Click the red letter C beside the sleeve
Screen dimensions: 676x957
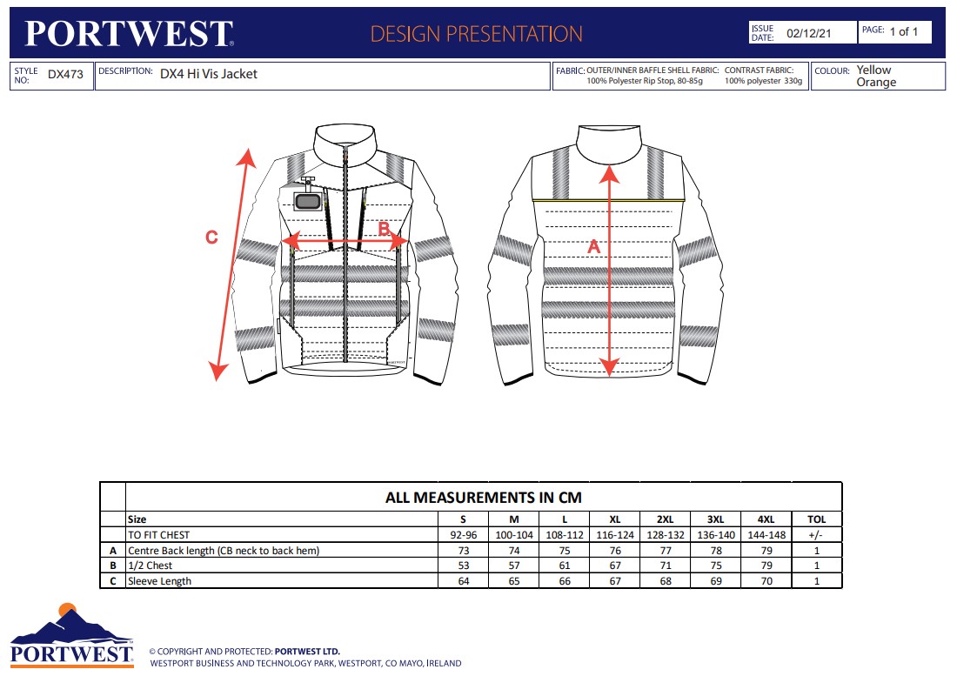(211, 237)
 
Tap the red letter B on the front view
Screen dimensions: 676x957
(384, 230)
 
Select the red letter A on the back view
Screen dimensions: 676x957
(594, 246)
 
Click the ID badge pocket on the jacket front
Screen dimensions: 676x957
(307, 201)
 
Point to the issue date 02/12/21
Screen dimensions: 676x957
(808, 33)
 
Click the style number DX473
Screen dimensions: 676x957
(65, 75)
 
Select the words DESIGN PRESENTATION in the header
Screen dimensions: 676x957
(476, 34)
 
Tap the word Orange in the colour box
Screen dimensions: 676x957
(876, 83)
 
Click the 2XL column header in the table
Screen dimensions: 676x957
(666, 519)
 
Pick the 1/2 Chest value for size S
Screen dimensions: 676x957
(464, 566)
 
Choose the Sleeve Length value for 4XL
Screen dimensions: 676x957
(766, 581)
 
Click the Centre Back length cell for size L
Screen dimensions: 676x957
(565, 550)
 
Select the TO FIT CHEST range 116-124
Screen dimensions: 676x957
(615, 534)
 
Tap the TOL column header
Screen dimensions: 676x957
(816, 519)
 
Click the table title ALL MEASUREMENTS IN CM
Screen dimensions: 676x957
(483, 498)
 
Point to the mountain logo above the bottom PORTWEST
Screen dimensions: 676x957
(71, 624)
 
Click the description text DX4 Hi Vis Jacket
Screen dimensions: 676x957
(209, 75)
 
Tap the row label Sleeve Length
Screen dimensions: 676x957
(159, 581)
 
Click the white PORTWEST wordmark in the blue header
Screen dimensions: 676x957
(129, 34)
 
